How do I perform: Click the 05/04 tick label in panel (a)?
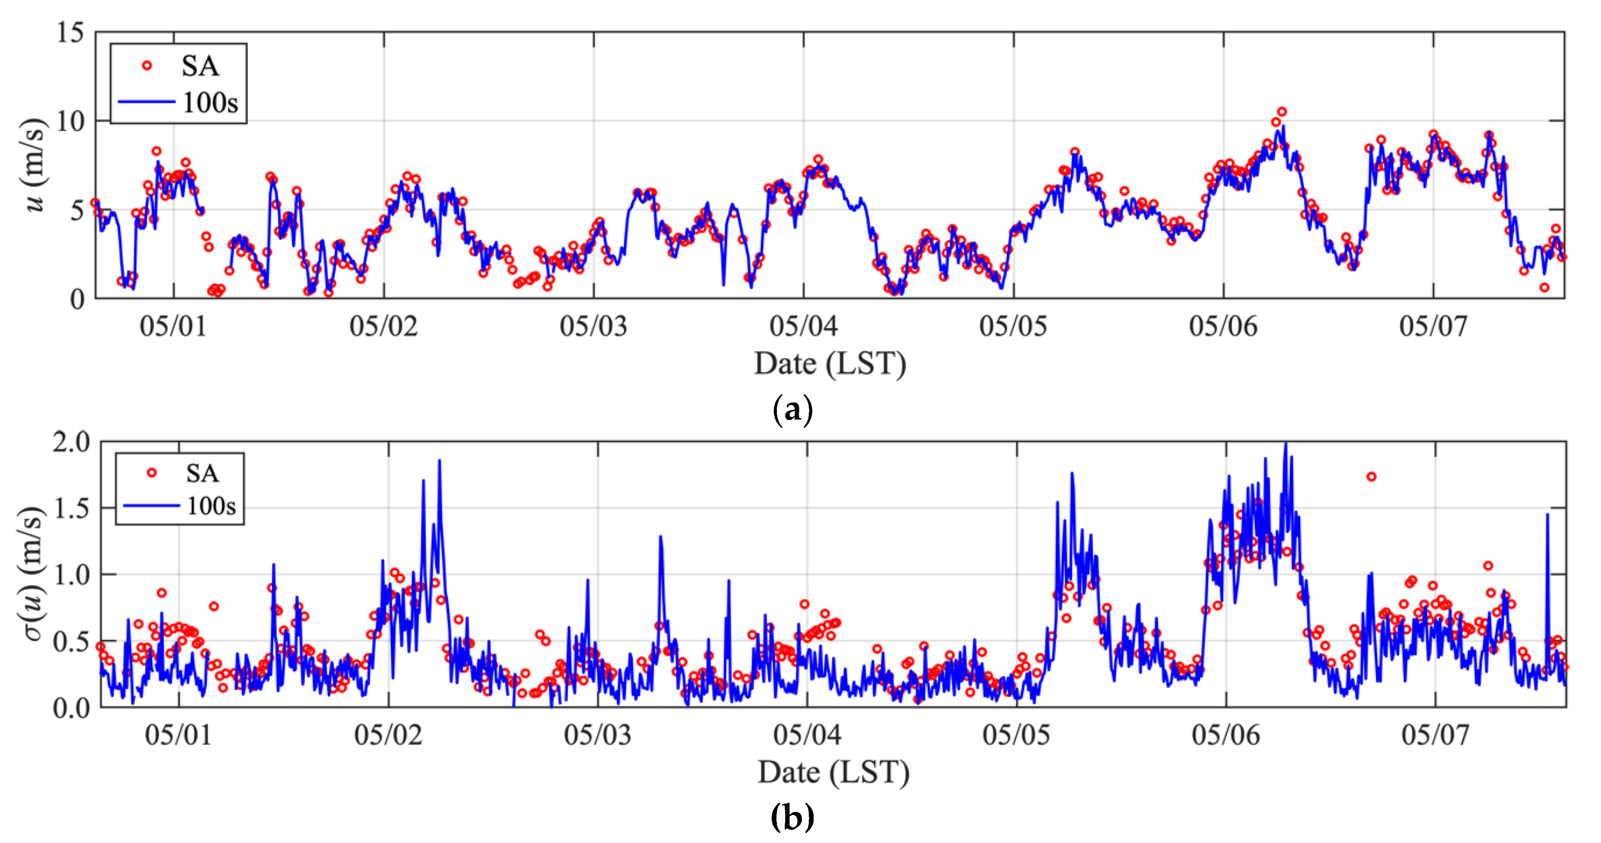(x=804, y=326)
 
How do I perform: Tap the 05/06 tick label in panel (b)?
(x=1225, y=735)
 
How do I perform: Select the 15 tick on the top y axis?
(x=70, y=32)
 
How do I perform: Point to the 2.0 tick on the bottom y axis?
(x=71, y=442)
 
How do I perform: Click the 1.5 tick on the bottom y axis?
(x=71, y=509)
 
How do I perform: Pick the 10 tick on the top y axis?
(x=70, y=121)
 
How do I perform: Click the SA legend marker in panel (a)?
(x=146, y=65)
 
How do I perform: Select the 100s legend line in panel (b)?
(x=151, y=505)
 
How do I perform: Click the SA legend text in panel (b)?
(x=202, y=473)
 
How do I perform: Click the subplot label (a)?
(x=792, y=410)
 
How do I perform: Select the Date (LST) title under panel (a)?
(x=830, y=364)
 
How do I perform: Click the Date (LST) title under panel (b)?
(x=833, y=772)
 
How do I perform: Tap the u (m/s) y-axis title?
(x=34, y=165)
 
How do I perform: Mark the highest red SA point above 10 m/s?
(x=1281, y=112)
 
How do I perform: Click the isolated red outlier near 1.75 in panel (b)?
(x=1371, y=476)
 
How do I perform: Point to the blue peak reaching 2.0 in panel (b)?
(x=1286, y=444)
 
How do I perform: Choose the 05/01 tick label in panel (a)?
(x=174, y=326)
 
